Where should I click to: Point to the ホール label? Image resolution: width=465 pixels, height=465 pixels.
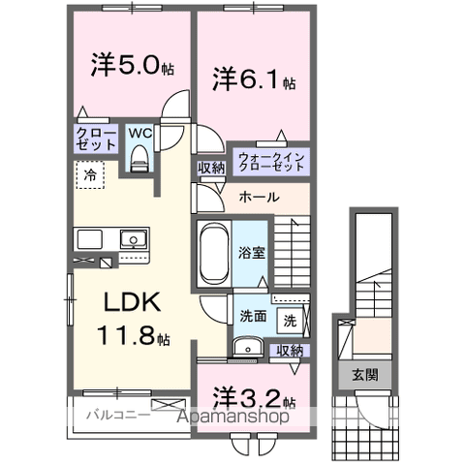[x=259, y=197]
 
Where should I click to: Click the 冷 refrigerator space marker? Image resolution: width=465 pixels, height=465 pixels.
[x=89, y=177]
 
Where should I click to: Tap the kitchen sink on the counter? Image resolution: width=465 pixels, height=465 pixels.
[x=130, y=239]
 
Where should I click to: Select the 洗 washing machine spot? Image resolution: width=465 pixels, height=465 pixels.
[x=290, y=319]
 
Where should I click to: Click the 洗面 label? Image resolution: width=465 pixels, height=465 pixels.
[x=254, y=316]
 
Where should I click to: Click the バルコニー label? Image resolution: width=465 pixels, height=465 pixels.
[x=116, y=416]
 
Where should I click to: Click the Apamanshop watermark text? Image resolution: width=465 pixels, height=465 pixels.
[x=232, y=418]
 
